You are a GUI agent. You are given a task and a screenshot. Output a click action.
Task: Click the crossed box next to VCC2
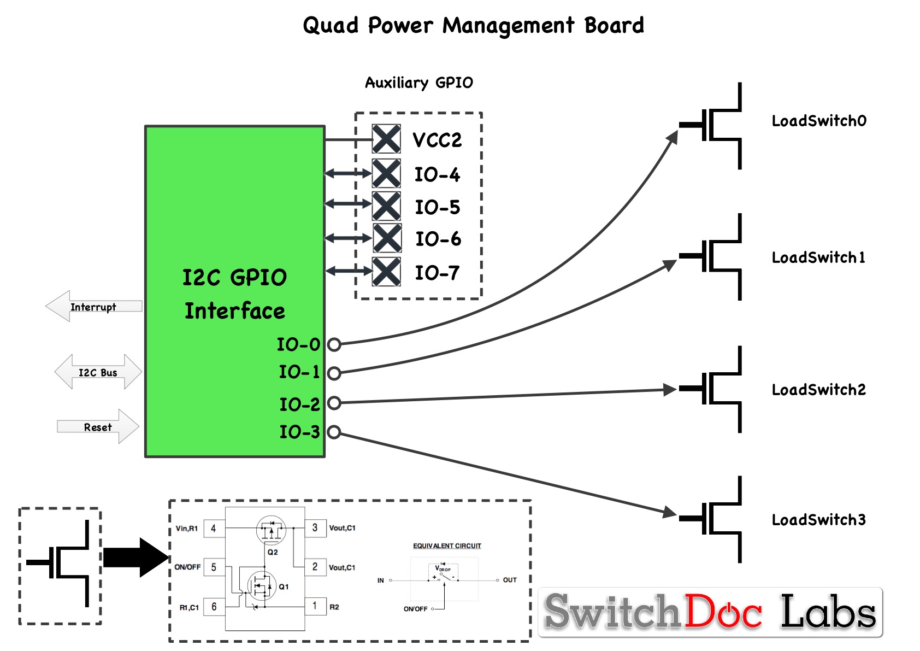tap(386, 139)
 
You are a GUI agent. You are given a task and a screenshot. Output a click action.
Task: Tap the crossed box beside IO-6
tap(387, 238)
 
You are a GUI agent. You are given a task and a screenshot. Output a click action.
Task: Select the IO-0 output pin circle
tap(334, 344)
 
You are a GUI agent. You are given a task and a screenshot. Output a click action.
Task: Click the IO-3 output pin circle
tap(334, 432)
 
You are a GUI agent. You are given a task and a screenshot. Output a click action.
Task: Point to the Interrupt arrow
tap(93, 307)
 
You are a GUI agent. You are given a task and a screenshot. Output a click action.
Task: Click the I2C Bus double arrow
tap(98, 372)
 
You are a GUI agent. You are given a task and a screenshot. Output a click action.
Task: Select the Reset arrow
tap(98, 427)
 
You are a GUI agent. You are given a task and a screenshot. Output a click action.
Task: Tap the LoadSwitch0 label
tap(818, 121)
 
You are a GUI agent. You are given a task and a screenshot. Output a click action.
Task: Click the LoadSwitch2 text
tap(818, 390)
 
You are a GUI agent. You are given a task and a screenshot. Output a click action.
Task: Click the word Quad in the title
tap(331, 26)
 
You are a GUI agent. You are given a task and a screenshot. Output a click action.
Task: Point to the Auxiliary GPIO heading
tap(418, 83)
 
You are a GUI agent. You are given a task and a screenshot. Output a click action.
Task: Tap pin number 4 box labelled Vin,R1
tap(214, 529)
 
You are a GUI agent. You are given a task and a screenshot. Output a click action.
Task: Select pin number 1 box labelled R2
tap(315, 606)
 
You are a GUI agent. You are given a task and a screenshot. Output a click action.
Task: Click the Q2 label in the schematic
tap(273, 552)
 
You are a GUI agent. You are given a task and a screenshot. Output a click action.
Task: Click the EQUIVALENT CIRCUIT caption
tap(447, 546)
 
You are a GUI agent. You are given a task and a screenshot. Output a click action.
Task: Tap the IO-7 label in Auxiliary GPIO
tap(437, 273)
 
